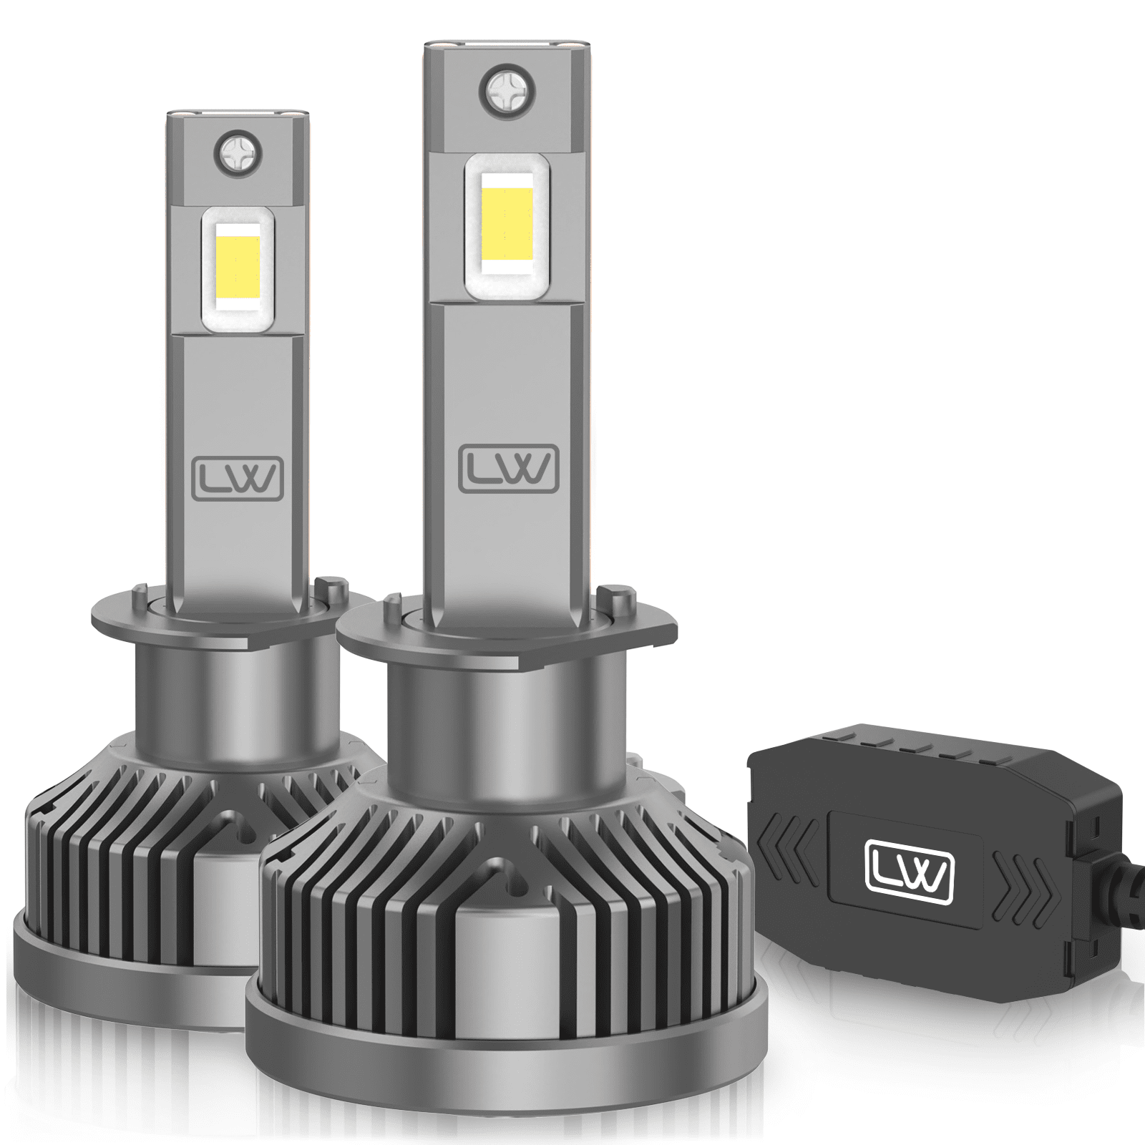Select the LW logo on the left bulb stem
(238, 478)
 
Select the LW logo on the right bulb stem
(508, 469)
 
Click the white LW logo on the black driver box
(910, 872)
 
